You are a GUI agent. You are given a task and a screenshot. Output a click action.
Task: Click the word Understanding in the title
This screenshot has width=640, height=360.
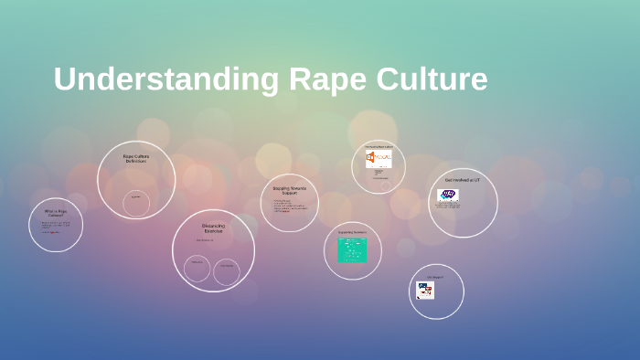(x=166, y=79)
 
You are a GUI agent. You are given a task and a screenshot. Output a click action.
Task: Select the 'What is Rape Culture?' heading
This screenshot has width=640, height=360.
(x=55, y=213)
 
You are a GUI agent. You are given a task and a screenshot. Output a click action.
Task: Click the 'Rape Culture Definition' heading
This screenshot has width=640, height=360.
(x=136, y=158)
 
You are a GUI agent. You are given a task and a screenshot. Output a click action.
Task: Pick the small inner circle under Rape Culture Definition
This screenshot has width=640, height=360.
(x=136, y=203)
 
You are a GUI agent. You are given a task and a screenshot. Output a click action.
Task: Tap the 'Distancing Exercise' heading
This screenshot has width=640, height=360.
(x=213, y=228)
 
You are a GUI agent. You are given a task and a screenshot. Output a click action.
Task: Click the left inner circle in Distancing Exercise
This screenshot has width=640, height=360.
(x=197, y=268)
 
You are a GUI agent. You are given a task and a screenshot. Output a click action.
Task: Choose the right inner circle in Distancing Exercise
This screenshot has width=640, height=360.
(x=227, y=270)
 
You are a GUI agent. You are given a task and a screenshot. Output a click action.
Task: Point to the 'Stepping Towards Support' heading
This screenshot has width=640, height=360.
(x=289, y=191)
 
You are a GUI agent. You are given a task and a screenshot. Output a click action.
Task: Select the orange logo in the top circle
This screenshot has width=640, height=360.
(x=378, y=160)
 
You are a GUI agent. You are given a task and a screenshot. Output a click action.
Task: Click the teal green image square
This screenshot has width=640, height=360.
(x=352, y=250)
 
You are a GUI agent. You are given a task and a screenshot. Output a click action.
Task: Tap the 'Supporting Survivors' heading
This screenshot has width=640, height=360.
(x=352, y=232)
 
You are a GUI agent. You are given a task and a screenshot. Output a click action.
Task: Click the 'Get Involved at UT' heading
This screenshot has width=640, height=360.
(x=462, y=181)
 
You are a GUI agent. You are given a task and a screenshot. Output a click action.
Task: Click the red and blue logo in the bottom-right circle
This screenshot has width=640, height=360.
(x=425, y=290)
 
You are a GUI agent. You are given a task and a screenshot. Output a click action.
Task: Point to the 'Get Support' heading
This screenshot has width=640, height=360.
(x=435, y=277)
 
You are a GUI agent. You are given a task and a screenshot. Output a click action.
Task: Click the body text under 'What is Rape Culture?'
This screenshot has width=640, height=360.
(x=55, y=226)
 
